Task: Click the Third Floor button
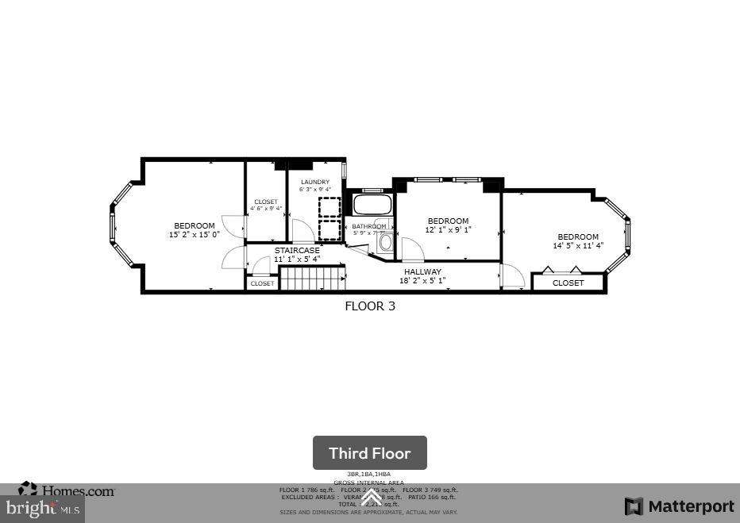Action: coord(369,453)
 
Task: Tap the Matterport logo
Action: coord(679,506)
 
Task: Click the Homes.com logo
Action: coord(67,490)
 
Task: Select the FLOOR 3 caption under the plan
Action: coord(369,306)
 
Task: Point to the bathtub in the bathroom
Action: coord(372,205)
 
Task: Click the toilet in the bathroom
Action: coord(386,242)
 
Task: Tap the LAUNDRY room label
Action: coord(315,182)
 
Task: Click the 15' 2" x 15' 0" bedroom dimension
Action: coord(195,235)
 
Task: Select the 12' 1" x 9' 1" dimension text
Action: coord(448,230)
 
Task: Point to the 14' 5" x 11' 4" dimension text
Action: coord(578,246)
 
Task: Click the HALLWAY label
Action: coord(422,271)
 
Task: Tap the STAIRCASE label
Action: coord(297,250)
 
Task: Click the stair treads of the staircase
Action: coord(313,279)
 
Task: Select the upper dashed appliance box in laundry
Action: coord(330,206)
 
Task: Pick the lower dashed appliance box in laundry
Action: coord(330,230)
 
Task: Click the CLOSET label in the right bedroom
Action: coord(568,283)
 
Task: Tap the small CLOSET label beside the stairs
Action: coord(262,283)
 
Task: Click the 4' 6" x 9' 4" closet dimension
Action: coord(265,209)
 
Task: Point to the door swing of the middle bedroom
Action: coord(412,250)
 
